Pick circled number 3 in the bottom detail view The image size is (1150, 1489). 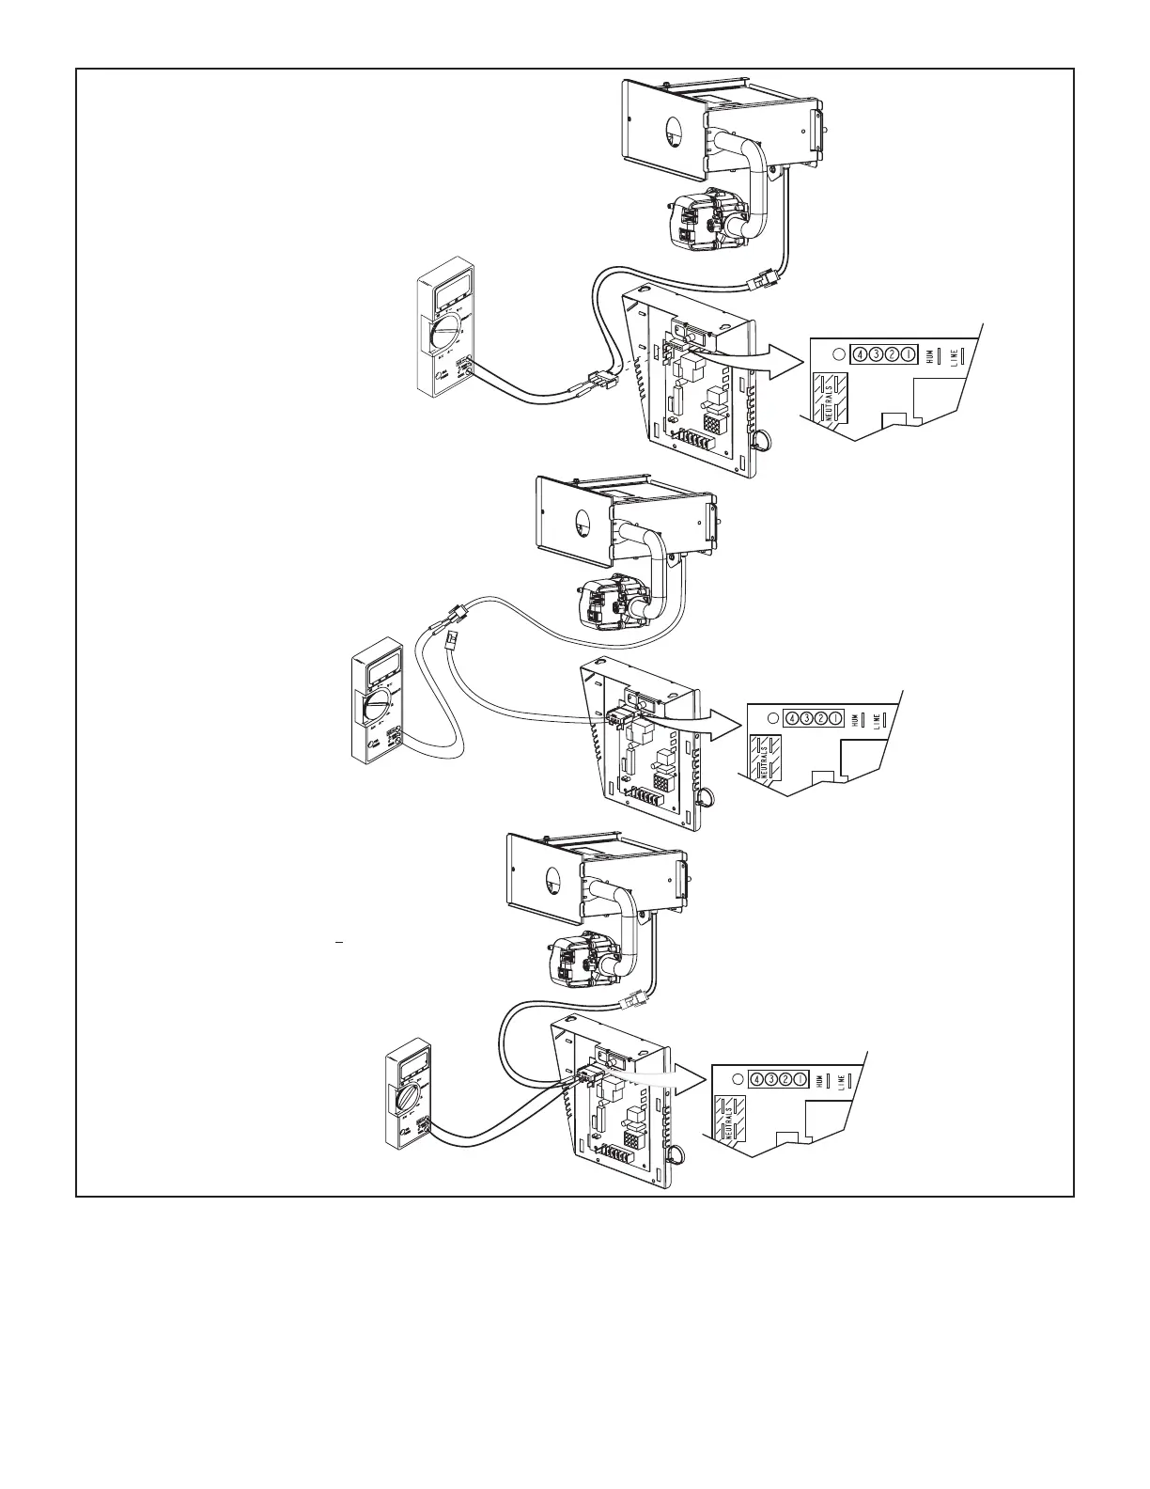pos(770,1079)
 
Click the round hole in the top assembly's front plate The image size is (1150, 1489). pos(668,134)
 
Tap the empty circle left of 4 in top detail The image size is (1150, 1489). pos(840,355)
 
